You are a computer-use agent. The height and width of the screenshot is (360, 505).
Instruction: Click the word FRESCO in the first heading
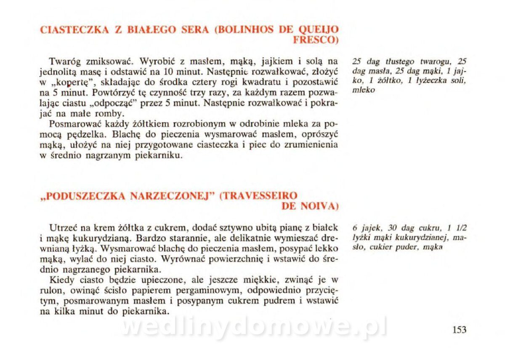tap(315, 40)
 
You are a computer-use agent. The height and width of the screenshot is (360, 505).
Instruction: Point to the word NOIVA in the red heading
tap(320, 206)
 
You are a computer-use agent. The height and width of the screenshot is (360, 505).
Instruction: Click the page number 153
tap(459, 330)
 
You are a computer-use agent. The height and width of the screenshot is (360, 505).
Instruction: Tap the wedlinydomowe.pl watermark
tap(254, 328)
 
